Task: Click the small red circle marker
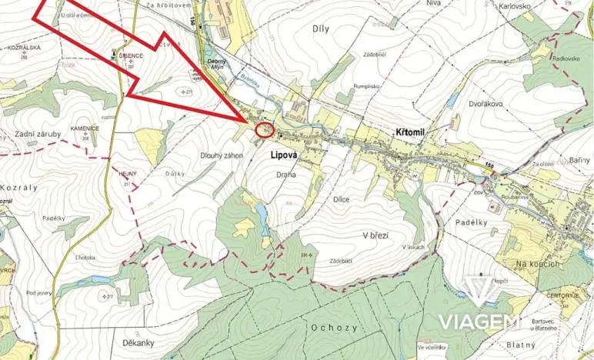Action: pyautogui.click(x=264, y=130)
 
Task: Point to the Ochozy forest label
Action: pyautogui.click(x=335, y=327)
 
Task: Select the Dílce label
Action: pyautogui.click(x=341, y=199)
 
